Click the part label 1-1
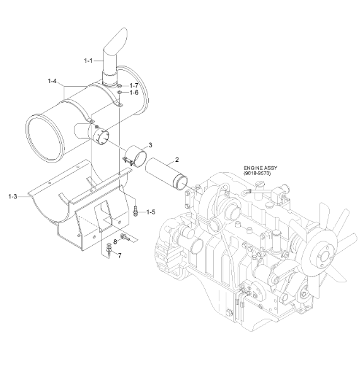click(88, 60)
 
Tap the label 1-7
click(134, 84)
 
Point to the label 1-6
click(134, 93)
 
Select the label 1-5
click(151, 212)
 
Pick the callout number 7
click(120, 256)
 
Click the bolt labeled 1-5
click(135, 211)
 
